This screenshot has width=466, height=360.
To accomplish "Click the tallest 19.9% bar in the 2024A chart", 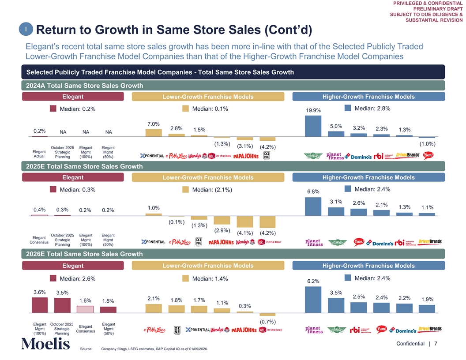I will [x=313, y=126].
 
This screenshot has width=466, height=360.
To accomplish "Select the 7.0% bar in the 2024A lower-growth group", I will [x=153, y=133].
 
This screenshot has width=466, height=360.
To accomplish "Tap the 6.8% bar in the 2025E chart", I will [x=313, y=206].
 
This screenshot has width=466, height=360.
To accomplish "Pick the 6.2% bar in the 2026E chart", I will [x=313, y=300].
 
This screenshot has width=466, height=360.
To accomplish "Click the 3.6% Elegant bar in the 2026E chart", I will [x=40, y=305].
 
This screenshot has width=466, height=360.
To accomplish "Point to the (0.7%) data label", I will [x=268, y=322].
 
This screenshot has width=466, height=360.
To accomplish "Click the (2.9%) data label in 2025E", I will [x=222, y=230].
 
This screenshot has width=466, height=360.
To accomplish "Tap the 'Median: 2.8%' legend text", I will [x=372, y=109].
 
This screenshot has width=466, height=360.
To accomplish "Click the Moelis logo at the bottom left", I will [x=45, y=344].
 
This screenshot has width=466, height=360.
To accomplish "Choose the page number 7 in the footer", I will [x=436, y=344].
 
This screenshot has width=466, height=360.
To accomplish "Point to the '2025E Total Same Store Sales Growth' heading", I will [x=85, y=166].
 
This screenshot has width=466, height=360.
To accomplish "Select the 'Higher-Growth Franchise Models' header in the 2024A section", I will [x=368, y=97].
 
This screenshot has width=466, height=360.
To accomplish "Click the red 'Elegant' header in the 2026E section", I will [x=73, y=266].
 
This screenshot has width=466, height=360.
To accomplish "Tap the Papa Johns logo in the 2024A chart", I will [x=246, y=156].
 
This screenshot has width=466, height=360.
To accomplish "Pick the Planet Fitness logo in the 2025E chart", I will [x=314, y=243].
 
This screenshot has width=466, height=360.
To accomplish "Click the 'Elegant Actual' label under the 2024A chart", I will [x=39, y=154].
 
